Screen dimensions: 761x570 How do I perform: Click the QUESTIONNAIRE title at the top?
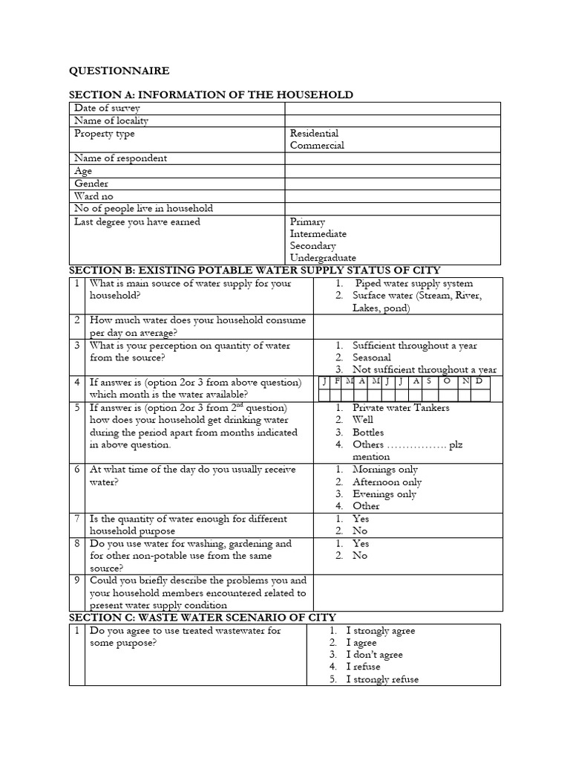coord(119,71)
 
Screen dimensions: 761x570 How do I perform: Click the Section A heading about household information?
coord(211,94)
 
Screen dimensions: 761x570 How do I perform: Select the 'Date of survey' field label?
coord(107,109)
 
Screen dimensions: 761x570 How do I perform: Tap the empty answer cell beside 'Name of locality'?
coord(393,121)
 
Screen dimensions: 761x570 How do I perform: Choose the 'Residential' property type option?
coord(314,134)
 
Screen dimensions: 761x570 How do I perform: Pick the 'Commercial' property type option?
coord(317,146)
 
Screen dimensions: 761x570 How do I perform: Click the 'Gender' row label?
coord(91,184)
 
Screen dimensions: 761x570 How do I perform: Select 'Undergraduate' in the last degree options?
coord(323,258)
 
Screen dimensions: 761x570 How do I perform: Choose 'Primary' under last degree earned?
coord(307,222)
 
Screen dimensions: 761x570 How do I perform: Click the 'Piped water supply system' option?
coord(413,283)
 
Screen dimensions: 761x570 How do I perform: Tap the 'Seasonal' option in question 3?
coord(372,357)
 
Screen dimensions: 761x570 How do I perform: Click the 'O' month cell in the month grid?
coord(447,381)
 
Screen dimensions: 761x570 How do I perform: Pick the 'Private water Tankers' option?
coord(401,407)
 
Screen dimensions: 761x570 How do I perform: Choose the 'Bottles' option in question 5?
coord(368,432)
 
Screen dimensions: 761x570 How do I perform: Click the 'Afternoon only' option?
coord(387,482)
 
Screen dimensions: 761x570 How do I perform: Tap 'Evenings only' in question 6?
coord(384,494)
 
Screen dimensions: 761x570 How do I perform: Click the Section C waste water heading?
coord(203,617)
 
